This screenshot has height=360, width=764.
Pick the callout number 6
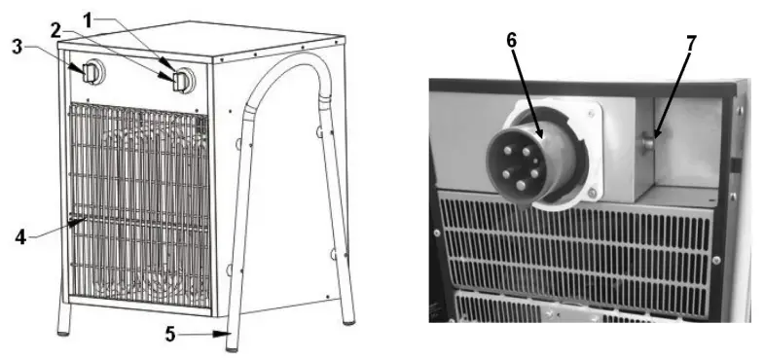(x=511, y=42)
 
